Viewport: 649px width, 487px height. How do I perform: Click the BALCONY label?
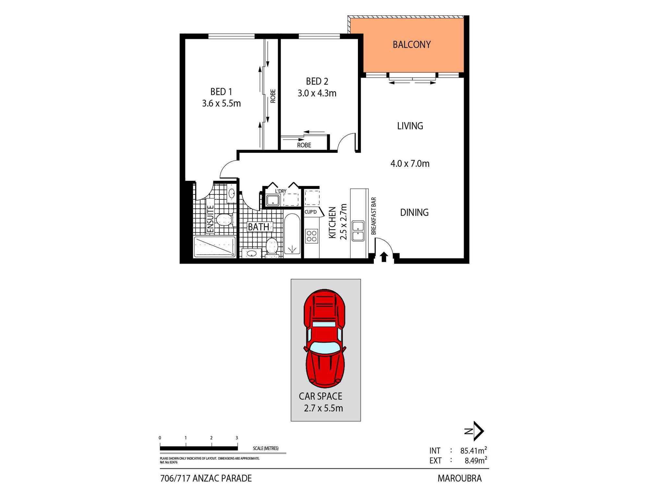411,44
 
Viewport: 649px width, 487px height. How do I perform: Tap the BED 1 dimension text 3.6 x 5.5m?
221,104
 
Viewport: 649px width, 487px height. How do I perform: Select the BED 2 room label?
317,81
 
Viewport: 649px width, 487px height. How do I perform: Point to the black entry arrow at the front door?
384,257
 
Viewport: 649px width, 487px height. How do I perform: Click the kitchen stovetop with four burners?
312,236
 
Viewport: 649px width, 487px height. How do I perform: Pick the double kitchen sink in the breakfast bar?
358,231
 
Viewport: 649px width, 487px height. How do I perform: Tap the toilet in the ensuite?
224,220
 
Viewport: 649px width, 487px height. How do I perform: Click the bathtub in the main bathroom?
292,234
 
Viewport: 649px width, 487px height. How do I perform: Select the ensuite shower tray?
214,247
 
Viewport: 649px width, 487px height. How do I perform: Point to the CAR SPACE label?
321,396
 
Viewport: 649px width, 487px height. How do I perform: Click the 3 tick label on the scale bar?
237,438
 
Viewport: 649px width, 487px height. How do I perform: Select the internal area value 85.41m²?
473,451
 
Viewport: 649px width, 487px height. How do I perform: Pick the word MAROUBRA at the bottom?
459,478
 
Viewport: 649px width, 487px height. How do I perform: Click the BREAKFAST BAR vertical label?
373,216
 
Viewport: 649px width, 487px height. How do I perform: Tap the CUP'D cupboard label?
311,212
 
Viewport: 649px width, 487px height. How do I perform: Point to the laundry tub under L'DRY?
273,200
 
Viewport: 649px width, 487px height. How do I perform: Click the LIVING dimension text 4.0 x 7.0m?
410,163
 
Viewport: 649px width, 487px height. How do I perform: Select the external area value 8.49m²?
475,460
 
